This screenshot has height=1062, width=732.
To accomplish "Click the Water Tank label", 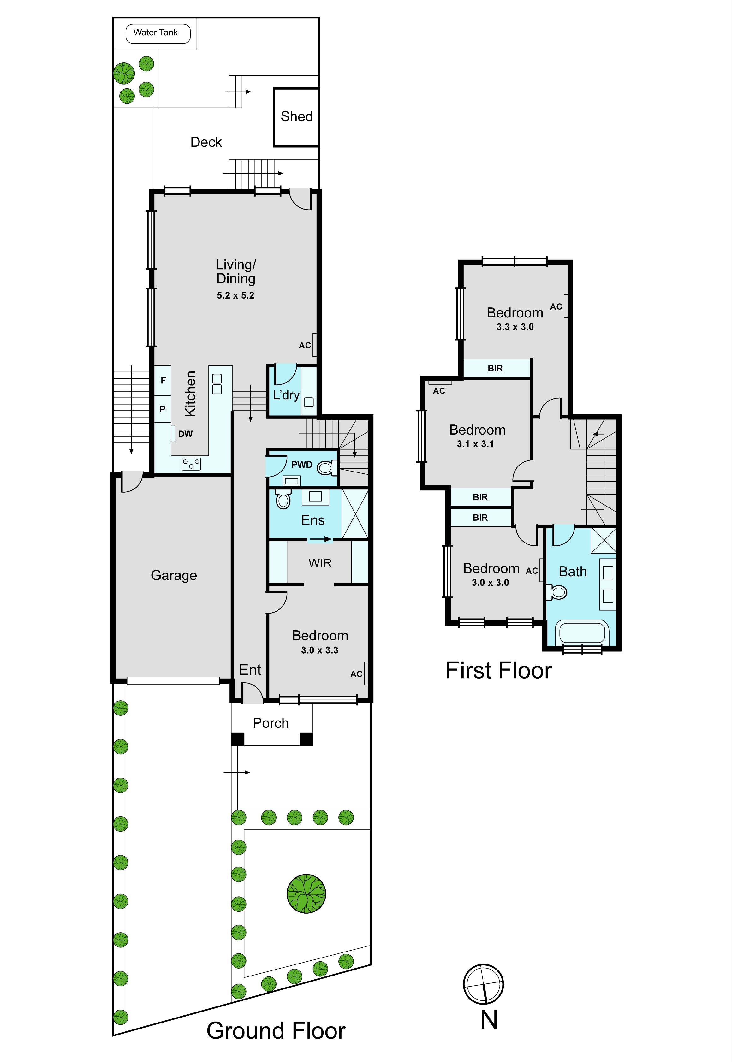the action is pos(156,33).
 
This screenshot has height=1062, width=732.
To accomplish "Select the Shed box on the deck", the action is pos(296,117).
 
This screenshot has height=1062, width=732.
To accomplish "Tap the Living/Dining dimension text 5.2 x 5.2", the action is pos(235,295).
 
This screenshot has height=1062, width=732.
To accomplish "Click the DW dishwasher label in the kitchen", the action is pos(185,434).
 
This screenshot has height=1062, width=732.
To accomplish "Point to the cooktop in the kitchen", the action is pos(191,464).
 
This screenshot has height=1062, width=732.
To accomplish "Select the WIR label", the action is pos(320,563).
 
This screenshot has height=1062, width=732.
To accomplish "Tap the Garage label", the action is pos(174,575).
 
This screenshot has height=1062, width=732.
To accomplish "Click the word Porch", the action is pos(271,723).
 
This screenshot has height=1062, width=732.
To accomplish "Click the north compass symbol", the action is pos(483,984).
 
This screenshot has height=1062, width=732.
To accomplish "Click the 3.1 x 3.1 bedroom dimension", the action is pos(475,444).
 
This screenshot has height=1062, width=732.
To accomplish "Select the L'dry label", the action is pos(286,395).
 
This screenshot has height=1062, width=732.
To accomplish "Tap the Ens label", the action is pos(313,520).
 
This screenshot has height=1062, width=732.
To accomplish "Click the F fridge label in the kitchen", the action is pos(163,380).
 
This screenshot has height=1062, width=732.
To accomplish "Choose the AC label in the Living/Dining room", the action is pos(305,345).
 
